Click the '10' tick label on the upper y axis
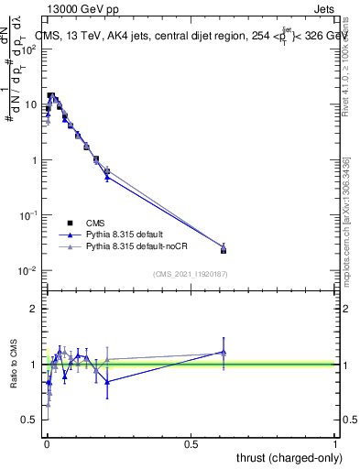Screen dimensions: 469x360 point(31,104)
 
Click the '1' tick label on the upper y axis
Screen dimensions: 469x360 point(34,160)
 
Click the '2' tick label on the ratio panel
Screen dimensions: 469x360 point(34,309)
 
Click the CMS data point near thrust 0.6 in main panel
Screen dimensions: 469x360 point(224,249)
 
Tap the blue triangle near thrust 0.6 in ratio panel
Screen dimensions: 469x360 point(224,352)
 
